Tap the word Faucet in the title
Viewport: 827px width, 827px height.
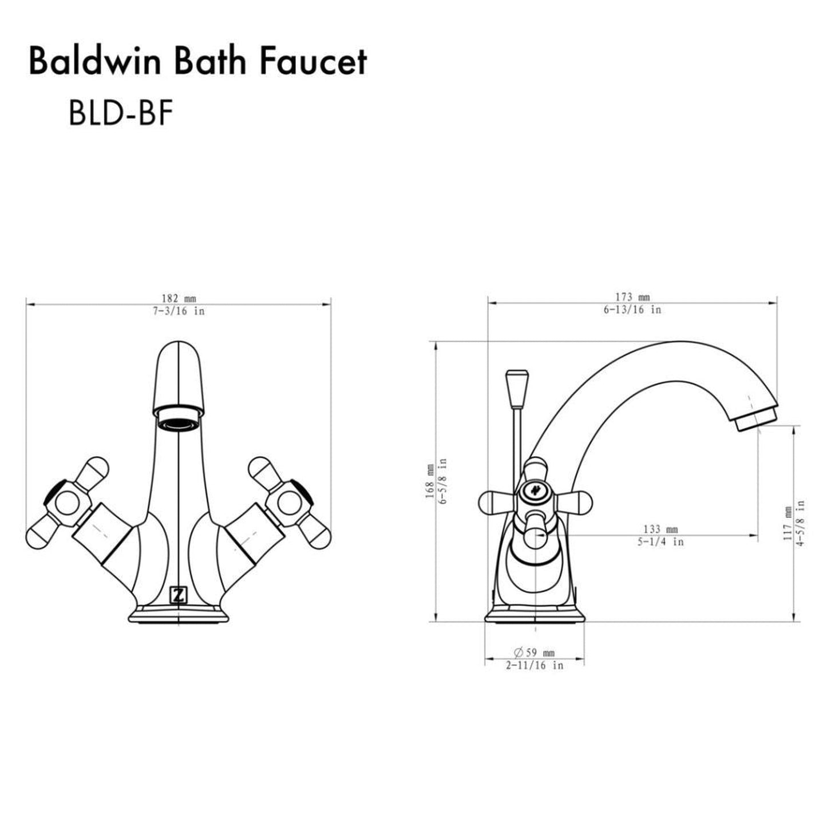313,62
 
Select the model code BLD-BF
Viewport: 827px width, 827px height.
120,113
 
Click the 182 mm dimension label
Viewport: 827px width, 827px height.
179,299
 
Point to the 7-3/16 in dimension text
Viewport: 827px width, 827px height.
179,311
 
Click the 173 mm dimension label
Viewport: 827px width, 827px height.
632,298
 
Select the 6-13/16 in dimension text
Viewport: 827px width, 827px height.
632,310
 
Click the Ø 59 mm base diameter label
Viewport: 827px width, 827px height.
534,653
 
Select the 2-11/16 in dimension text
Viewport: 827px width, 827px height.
534,665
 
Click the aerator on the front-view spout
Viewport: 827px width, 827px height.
179,424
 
